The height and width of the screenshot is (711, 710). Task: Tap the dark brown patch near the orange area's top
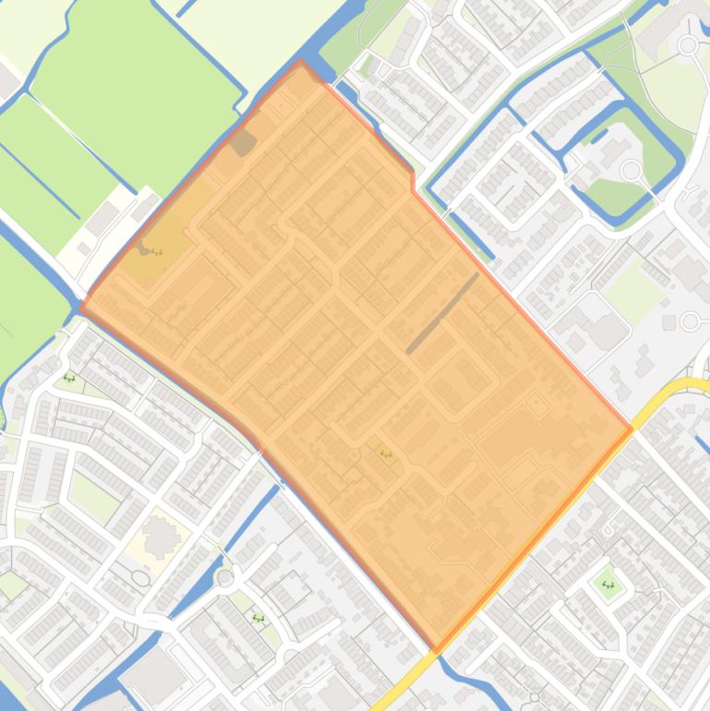click(242, 142)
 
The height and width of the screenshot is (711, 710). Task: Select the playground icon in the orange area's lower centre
click(386, 453)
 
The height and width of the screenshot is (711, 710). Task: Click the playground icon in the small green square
click(608, 584)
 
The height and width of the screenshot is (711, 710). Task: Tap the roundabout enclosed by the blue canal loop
click(631, 170)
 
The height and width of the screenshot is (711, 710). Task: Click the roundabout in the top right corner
click(687, 44)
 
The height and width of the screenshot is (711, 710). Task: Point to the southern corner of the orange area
click(438, 649)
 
